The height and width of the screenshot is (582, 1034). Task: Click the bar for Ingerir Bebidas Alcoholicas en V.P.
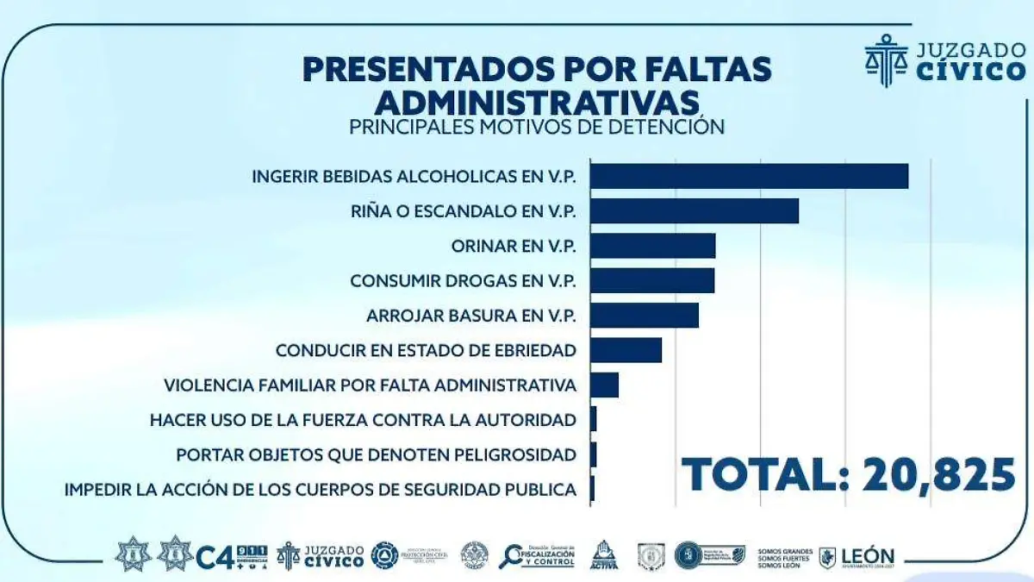pyautogui.click(x=749, y=176)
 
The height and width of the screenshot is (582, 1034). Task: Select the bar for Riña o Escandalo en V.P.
pyautogui.click(x=695, y=210)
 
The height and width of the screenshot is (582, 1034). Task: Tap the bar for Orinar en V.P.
pyautogui.click(x=652, y=246)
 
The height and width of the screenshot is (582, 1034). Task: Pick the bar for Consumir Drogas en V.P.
pyautogui.click(x=652, y=280)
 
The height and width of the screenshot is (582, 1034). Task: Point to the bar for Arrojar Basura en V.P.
pyautogui.click(x=645, y=316)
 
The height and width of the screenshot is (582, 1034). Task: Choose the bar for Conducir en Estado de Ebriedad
pyautogui.click(x=626, y=350)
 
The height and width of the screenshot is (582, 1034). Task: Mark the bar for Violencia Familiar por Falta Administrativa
pyautogui.click(x=604, y=385)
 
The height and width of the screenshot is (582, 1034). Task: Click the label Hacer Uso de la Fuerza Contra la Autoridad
pyautogui.click(x=362, y=420)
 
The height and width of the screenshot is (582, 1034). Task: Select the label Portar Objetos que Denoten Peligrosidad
pyautogui.click(x=376, y=454)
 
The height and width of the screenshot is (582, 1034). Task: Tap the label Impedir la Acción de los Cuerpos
pyautogui.click(x=320, y=490)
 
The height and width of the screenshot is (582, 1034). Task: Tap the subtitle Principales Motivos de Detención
pyautogui.click(x=536, y=127)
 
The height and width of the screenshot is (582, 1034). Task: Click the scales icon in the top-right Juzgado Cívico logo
pyautogui.click(x=885, y=59)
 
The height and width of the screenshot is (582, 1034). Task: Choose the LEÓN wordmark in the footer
pyautogui.click(x=869, y=557)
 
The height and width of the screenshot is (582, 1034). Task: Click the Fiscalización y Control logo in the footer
pyautogui.click(x=536, y=556)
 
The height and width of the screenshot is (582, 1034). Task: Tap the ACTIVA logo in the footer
pyautogui.click(x=604, y=555)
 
